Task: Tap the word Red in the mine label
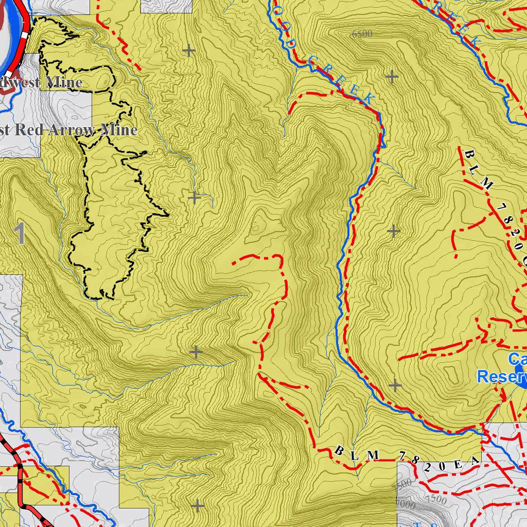pyautogui.click(x=29, y=130)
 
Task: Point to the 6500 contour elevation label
pyautogui.click(x=362, y=34)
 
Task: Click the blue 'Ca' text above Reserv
pyautogui.click(x=517, y=359)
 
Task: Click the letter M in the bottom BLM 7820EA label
pyautogui.click(x=374, y=455)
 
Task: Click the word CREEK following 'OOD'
pyautogui.click(x=341, y=81)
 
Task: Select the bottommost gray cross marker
pyautogui.click(x=198, y=506)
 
